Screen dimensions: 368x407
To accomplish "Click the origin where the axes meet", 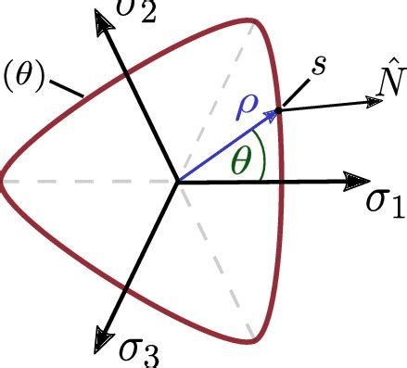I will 178,181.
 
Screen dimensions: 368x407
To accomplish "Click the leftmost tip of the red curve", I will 2,181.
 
